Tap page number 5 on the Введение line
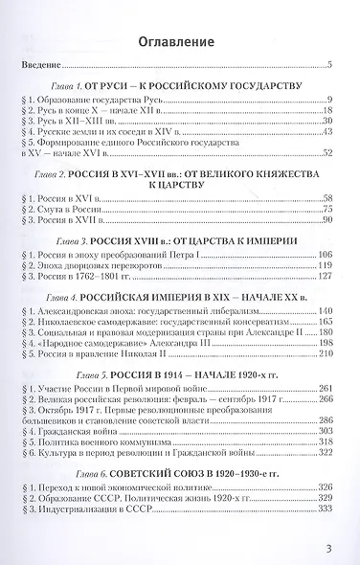click(x=328, y=65)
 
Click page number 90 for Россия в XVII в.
click(x=326, y=221)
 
